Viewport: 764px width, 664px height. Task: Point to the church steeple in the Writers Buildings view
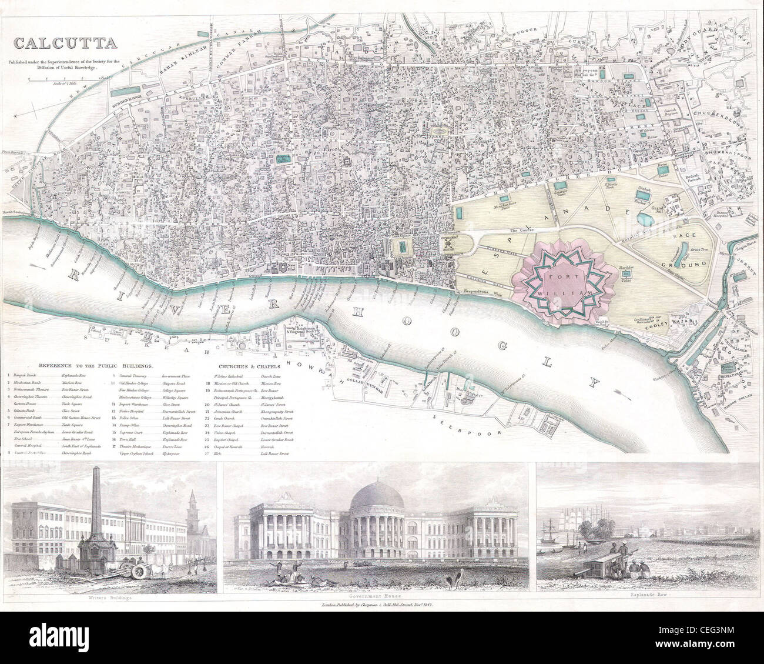192,510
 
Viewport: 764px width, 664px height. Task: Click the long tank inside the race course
681,254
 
